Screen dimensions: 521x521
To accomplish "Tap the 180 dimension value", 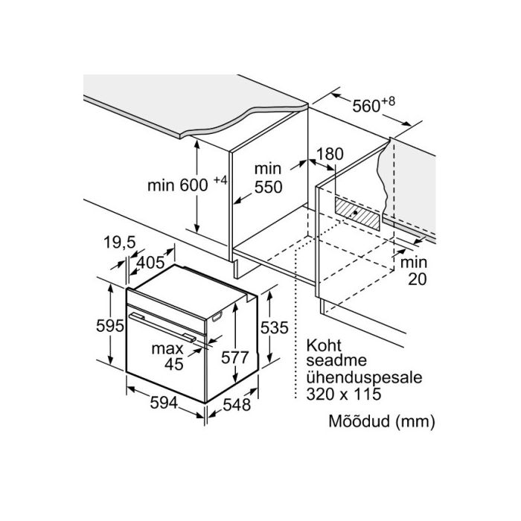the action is click(x=330, y=154).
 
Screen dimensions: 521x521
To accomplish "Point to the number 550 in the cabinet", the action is click(x=268, y=187).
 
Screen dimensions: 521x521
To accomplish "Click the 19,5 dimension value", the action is click(x=120, y=242).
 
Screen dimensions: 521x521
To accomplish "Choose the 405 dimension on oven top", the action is click(x=150, y=263).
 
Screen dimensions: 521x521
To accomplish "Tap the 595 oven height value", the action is click(x=110, y=326).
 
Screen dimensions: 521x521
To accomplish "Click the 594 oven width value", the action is click(x=164, y=403).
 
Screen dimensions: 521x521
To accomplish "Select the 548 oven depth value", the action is click(x=237, y=405).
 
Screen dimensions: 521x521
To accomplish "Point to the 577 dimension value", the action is click(x=235, y=357).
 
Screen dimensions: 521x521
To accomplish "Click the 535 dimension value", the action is click(x=274, y=328).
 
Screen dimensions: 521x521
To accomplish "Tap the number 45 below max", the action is click(x=173, y=364).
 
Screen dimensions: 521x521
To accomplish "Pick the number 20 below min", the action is click(x=417, y=279).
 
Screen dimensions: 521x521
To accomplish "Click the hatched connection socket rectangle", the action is click(x=357, y=214).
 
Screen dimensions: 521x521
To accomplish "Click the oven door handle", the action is click(x=162, y=327).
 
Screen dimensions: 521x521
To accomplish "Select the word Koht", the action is click(x=324, y=345).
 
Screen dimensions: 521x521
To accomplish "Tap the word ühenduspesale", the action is click(x=364, y=378).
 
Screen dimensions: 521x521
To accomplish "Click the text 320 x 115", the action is click(x=344, y=394).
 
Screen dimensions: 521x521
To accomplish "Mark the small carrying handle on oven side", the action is click(x=217, y=316).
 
